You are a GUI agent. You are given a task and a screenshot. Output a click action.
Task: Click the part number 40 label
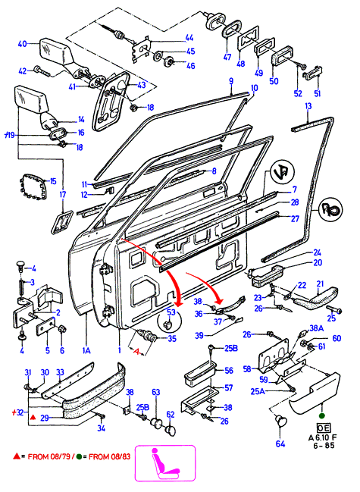[x=22, y=44]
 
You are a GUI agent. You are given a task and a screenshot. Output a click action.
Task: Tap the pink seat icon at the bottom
[x=164, y=463]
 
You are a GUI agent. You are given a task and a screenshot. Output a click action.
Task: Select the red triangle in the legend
[x=17, y=456]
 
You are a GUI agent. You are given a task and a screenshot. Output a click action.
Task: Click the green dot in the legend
[x=79, y=456]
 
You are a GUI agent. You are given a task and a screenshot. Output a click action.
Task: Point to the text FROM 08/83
[x=109, y=456]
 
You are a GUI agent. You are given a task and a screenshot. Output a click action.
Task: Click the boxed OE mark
[x=323, y=428]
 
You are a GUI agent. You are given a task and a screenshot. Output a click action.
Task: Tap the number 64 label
[x=280, y=443]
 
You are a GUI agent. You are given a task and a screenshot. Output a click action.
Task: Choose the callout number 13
[x=308, y=106]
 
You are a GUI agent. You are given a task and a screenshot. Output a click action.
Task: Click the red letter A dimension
[x=136, y=352]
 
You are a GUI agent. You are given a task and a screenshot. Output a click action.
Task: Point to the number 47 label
[x=227, y=57]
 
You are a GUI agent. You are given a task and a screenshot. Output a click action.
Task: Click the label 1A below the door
[x=86, y=350]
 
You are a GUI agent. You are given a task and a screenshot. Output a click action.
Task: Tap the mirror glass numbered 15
[x=33, y=187]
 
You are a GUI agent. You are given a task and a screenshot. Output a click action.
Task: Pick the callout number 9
[x=231, y=81]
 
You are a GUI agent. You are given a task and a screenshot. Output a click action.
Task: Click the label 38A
[x=316, y=328]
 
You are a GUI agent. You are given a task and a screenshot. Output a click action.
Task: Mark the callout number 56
[x=229, y=371]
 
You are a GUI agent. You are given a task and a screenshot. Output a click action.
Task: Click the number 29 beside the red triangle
[x=45, y=418]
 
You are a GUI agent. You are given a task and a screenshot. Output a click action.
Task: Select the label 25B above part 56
[x=230, y=348]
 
